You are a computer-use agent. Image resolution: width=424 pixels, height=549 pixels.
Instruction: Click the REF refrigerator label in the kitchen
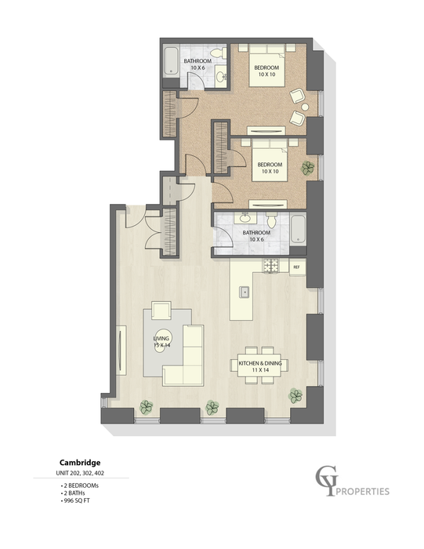(296, 267)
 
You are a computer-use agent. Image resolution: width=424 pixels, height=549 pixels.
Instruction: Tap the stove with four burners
(272, 267)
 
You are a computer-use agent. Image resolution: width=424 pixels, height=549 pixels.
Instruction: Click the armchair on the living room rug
(161, 311)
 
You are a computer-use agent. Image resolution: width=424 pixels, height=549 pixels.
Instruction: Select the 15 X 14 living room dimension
(161, 345)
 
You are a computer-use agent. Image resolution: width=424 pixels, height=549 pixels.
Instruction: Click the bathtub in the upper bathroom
(172, 63)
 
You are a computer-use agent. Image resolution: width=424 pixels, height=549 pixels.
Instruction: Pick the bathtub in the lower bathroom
(299, 228)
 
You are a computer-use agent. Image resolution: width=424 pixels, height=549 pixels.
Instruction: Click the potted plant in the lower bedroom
(310, 166)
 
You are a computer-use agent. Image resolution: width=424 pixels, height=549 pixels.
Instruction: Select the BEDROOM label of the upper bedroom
(267, 67)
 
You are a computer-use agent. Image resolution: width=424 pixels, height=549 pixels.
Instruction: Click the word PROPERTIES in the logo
(361, 493)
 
